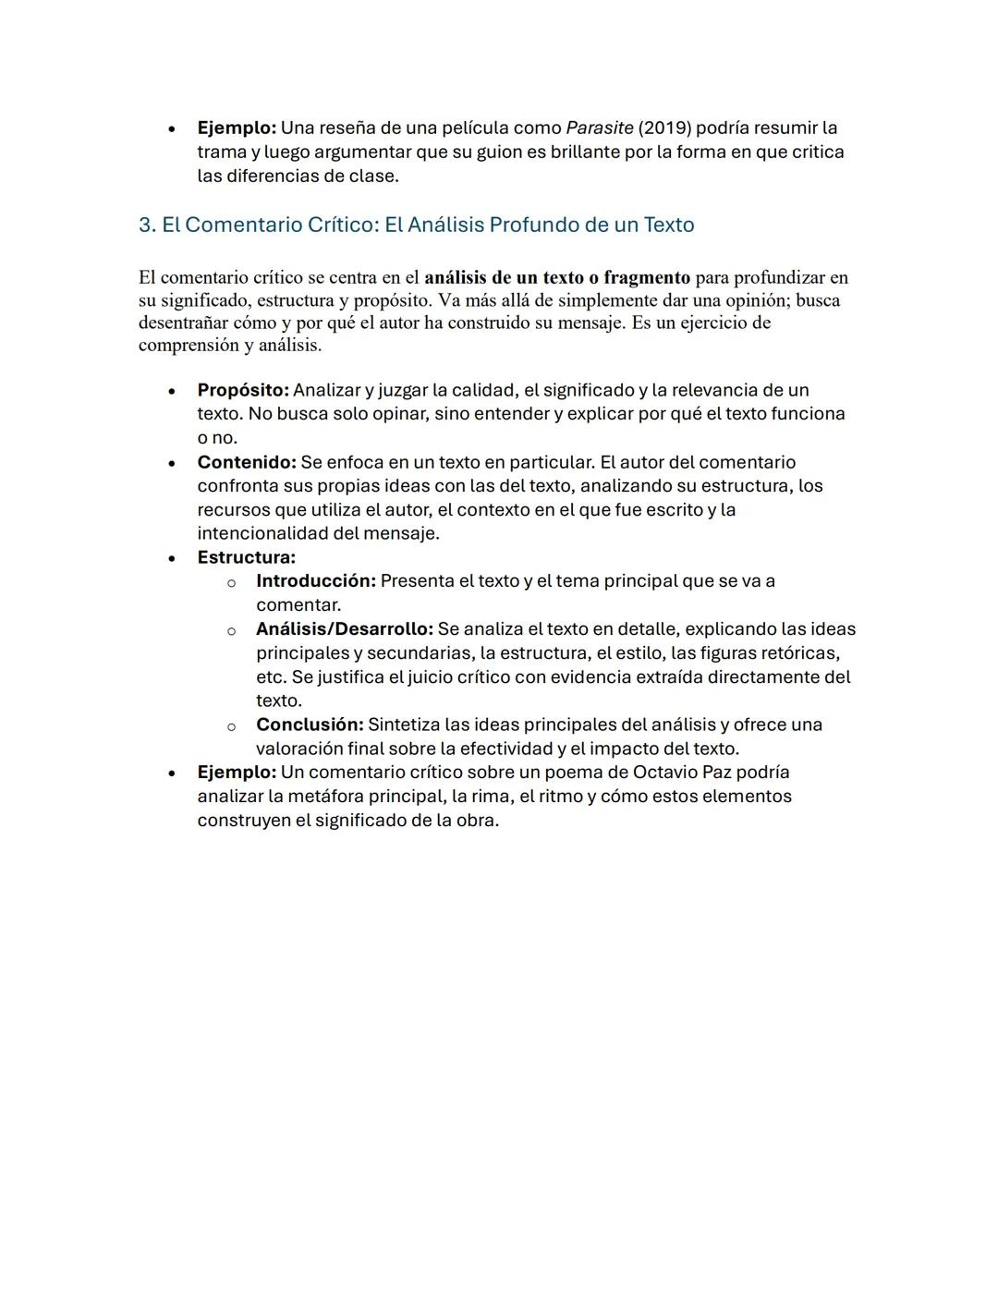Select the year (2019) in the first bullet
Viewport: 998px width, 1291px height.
[x=663, y=128]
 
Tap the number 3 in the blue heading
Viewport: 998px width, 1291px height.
[x=144, y=225]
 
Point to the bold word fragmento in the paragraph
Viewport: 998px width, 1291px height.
[x=646, y=277]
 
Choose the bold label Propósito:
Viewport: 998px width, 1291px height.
[x=243, y=390]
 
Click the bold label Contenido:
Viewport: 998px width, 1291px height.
[x=246, y=462]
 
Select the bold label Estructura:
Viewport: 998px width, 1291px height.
[x=246, y=557]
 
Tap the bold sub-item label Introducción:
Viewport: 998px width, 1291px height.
[x=315, y=581]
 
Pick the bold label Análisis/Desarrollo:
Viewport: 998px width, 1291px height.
[x=344, y=629]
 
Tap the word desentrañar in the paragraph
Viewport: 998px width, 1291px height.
[x=183, y=323]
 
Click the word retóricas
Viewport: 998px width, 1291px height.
[x=800, y=653]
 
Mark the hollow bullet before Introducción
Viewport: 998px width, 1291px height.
[x=231, y=582]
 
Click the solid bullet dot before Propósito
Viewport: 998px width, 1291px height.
[x=172, y=391]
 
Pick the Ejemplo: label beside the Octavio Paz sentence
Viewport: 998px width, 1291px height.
[x=237, y=772]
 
